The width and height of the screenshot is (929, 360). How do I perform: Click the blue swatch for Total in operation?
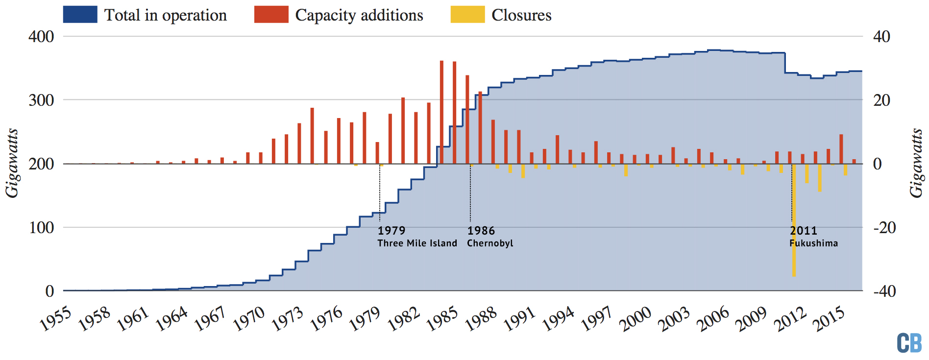[80, 15]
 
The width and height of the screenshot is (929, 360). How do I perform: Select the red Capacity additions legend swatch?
[271, 15]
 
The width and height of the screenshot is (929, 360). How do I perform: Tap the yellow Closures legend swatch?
[467, 15]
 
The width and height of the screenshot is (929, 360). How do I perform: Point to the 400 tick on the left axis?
[41, 37]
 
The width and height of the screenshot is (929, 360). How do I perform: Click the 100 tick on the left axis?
[41, 228]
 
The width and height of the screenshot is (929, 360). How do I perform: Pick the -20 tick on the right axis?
[884, 228]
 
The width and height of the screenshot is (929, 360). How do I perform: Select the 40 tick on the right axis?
[881, 37]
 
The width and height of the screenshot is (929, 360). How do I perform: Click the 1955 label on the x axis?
[55, 319]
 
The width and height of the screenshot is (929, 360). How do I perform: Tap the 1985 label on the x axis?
[442, 319]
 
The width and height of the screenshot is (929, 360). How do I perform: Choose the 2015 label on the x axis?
[829, 319]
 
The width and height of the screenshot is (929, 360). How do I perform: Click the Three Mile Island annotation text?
[417, 243]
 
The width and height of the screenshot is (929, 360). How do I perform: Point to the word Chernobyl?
[490, 243]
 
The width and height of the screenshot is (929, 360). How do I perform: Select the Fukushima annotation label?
[813, 243]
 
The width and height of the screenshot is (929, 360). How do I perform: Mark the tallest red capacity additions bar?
[441, 112]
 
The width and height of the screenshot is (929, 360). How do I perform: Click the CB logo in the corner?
[909, 343]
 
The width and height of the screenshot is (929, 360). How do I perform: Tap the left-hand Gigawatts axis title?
[12, 164]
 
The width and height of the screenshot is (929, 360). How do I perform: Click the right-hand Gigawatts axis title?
[916, 164]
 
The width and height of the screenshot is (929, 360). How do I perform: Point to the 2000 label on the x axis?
[635, 319]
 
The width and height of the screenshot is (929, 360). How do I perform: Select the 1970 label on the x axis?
[248, 319]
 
